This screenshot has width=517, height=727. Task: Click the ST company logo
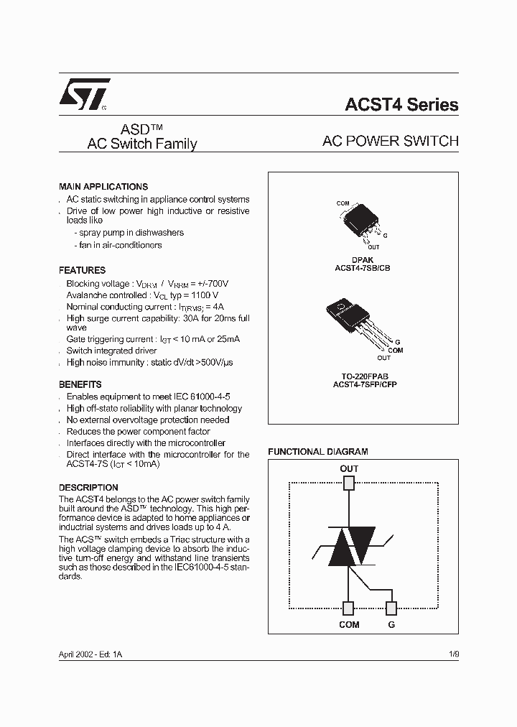[83, 94]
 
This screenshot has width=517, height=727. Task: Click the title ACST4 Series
[401, 105]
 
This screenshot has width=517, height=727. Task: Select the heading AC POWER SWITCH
[390, 142]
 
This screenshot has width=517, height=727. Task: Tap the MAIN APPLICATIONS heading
[103, 186]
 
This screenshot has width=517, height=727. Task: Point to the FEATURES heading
[82, 270]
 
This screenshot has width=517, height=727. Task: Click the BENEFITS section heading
[80, 384]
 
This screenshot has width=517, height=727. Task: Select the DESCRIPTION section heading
[88, 487]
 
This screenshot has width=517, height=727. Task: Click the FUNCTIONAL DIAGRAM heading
[317, 452]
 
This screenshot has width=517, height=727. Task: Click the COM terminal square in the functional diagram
[349, 608]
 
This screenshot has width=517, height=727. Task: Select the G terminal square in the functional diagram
[391, 608]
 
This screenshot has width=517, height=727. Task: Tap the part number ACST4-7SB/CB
[362, 267]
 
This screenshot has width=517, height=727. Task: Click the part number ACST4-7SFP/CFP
[362, 384]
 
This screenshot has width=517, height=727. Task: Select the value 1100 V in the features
[204, 295]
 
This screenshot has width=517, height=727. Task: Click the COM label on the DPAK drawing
[343, 203]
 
